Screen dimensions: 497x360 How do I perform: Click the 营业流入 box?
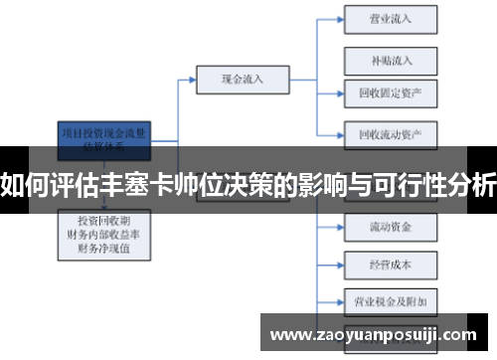pos(390,19)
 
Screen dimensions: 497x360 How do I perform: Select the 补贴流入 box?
pos(390,60)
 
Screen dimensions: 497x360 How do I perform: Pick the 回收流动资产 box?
pos(390,133)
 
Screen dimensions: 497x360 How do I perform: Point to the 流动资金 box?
pos(390,226)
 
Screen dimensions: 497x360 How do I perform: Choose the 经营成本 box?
pos(390,266)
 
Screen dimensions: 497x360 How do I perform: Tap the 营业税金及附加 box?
pos(390,299)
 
